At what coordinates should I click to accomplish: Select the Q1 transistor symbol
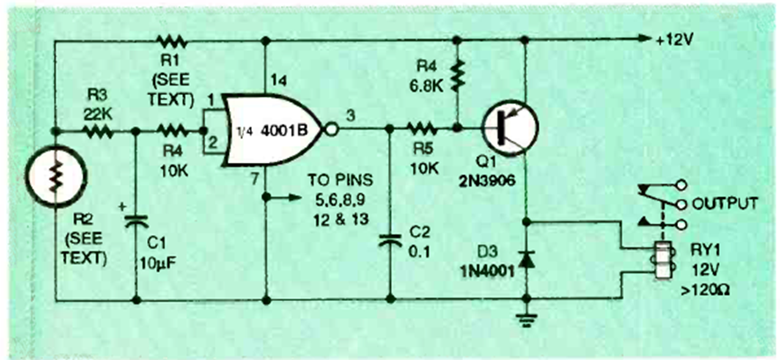pyautogui.click(x=510, y=129)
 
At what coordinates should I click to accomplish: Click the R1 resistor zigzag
pyautogui.click(x=172, y=41)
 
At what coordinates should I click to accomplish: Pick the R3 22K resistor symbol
pyautogui.click(x=98, y=131)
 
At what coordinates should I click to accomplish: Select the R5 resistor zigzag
pyautogui.click(x=423, y=129)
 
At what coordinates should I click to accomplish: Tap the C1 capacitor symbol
pyautogui.click(x=136, y=220)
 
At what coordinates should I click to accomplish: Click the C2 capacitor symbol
pyautogui.click(x=391, y=242)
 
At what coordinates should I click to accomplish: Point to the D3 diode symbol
pyautogui.click(x=526, y=259)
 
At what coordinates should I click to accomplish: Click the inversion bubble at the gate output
pyautogui.click(x=331, y=130)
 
